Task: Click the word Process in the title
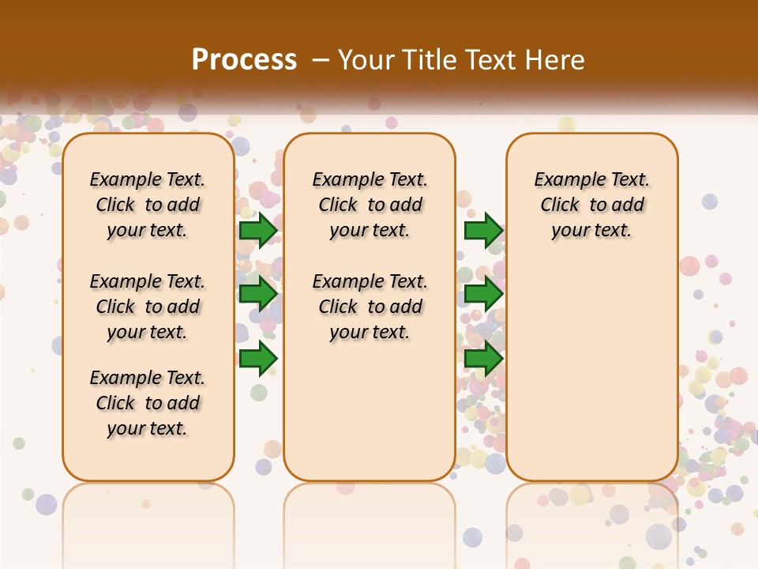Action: click(x=244, y=60)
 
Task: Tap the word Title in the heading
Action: click(x=425, y=60)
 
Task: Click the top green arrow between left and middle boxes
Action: click(x=258, y=231)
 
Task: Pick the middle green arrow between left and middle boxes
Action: click(x=258, y=294)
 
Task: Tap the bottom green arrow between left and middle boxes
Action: click(x=258, y=358)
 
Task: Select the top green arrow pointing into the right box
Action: click(x=483, y=231)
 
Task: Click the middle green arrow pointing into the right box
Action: click(x=483, y=294)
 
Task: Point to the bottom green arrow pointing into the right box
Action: click(x=483, y=358)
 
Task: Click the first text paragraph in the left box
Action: click(x=148, y=205)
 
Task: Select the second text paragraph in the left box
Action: click(x=148, y=307)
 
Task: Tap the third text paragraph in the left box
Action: click(x=148, y=403)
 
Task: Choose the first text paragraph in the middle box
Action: click(x=370, y=205)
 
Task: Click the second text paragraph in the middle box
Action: click(x=370, y=307)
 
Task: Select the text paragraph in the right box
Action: click(x=592, y=205)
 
